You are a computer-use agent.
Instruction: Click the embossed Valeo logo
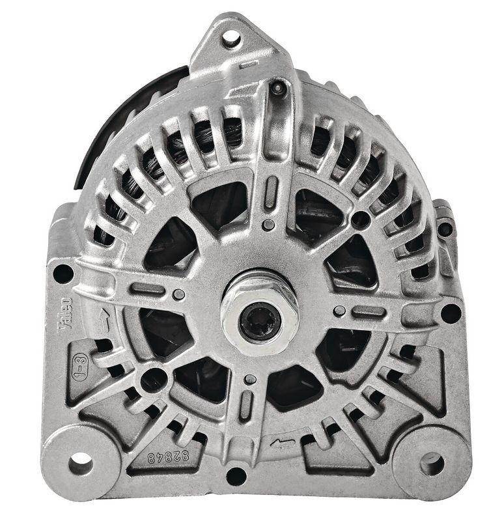(65, 313)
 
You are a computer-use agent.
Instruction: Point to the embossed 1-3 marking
(79, 367)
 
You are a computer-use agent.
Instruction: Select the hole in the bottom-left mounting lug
(81, 463)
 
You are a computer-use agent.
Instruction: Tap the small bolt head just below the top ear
(278, 87)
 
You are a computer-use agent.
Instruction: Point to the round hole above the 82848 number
(154, 380)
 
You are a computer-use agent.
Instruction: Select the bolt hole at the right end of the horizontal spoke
(451, 313)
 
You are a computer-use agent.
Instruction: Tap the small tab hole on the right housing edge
(444, 229)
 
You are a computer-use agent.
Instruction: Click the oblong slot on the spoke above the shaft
(272, 193)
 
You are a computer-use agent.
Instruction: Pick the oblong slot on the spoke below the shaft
(246, 406)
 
